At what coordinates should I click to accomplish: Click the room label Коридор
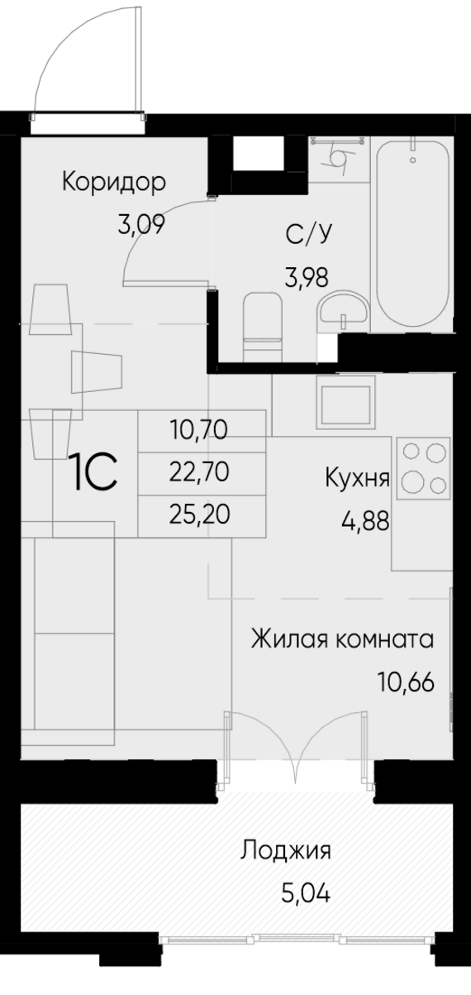coord(114,182)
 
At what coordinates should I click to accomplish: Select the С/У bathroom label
coord(308,236)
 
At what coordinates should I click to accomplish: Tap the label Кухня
coord(357,478)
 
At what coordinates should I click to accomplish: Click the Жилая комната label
coord(342,639)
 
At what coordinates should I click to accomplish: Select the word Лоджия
coord(287,850)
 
